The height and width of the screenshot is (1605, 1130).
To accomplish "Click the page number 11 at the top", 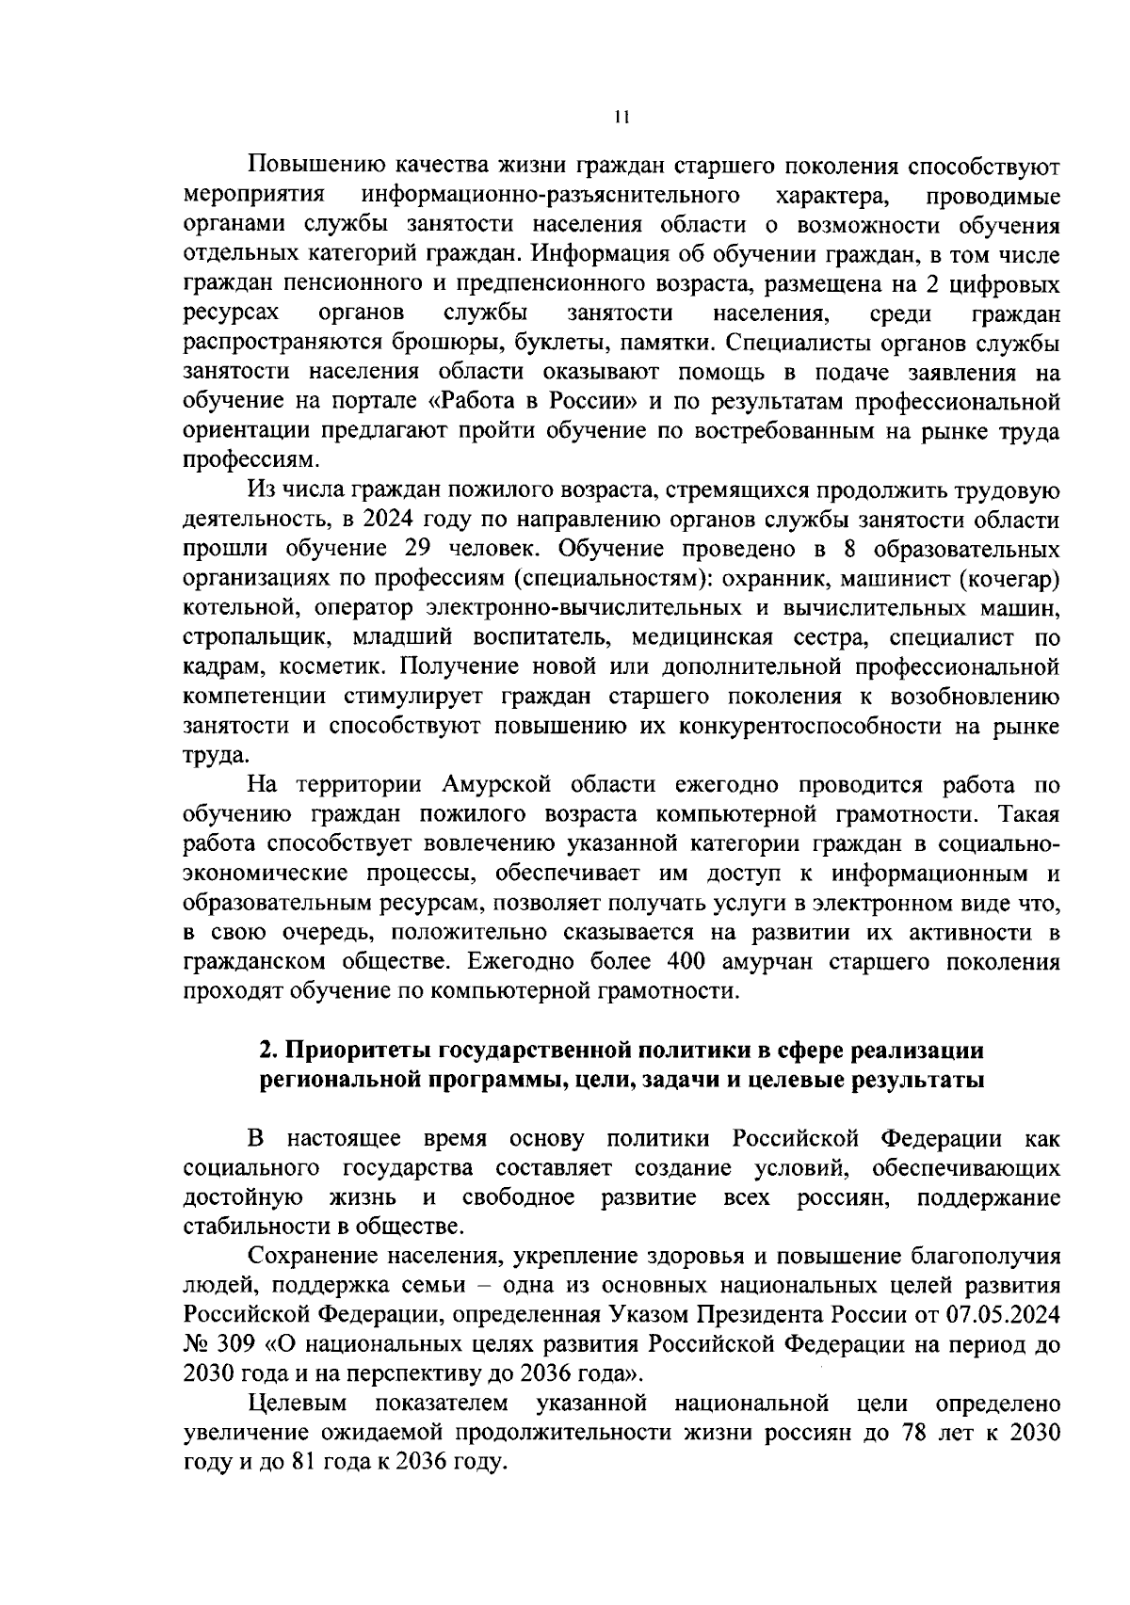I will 621,118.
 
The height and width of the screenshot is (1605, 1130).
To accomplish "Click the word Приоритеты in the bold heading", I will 358,1051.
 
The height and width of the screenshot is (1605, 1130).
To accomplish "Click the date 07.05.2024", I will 997,1315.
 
